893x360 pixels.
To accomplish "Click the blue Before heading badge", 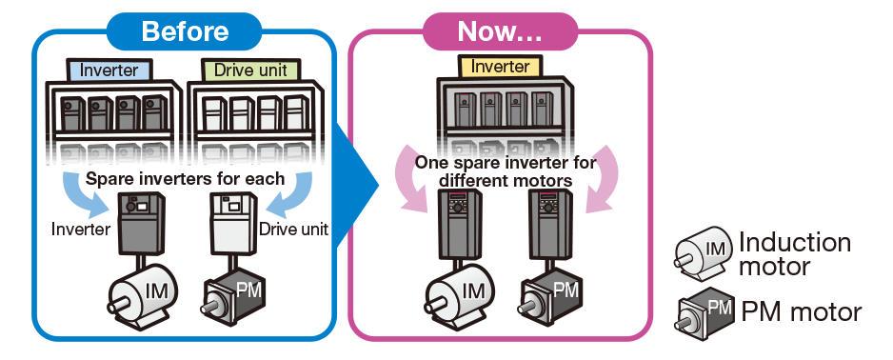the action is coord(185,30).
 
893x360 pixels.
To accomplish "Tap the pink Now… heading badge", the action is coord(500,30).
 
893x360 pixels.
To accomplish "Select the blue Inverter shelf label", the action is coord(109,70).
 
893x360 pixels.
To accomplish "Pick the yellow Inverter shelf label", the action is coord(500,66).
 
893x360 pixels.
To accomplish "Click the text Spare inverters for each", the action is coord(185,178).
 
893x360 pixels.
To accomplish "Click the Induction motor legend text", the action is coord(795,254).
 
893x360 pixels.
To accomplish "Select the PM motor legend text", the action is coord(801,311).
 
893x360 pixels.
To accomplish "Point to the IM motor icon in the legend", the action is coord(703,251).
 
